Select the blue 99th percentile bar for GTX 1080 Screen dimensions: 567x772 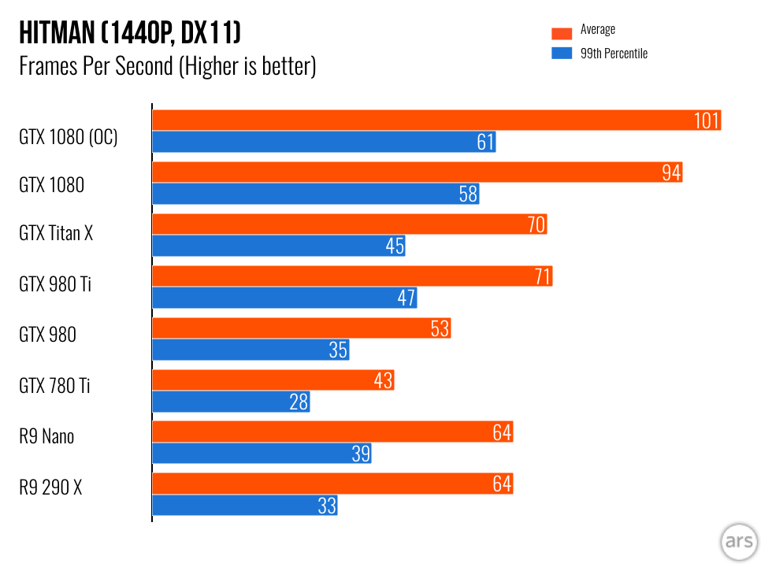(x=315, y=194)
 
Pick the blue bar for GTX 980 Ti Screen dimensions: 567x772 (x=284, y=298)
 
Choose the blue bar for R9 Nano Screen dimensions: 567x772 (x=260, y=454)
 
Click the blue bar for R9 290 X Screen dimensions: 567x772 (x=244, y=506)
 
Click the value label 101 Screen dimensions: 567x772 (x=707, y=120)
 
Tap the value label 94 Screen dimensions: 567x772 (x=671, y=172)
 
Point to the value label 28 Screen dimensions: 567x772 (x=299, y=402)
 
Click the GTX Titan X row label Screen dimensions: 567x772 (x=56, y=233)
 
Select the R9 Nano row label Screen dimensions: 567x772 (x=46, y=436)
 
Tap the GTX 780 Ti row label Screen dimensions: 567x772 (x=54, y=386)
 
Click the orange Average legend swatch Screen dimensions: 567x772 (x=561, y=32)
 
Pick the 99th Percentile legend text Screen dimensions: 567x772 (x=614, y=54)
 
